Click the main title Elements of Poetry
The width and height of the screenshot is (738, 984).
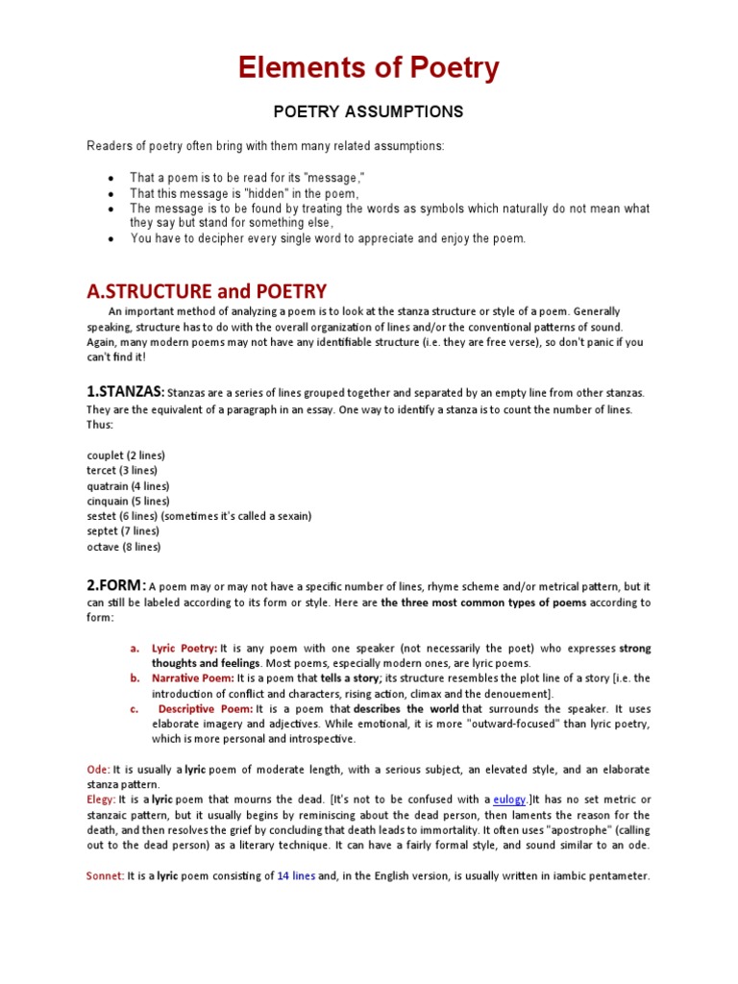pyautogui.click(x=369, y=69)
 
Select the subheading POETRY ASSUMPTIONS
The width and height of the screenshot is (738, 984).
pyautogui.click(x=369, y=112)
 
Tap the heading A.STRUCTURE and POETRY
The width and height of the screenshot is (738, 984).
pyautogui.click(x=207, y=291)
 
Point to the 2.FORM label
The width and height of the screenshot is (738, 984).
pyautogui.click(x=116, y=585)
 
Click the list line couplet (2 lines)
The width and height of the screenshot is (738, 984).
pyautogui.click(x=126, y=455)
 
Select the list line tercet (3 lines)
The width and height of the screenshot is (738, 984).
pyautogui.click(x=122, y=470)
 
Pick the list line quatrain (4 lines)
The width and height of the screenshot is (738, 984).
pyautogui.click(x=128, y=485)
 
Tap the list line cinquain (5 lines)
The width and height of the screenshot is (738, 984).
pyautogui.click(x=128, y=501)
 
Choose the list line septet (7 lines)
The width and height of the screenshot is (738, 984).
pyautogui.click(x=123, y=531)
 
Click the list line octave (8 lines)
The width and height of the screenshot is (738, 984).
pyautogui.click(x=124, y=547)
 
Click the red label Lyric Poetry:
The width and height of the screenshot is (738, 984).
pyautogui.click(x=184, y=649)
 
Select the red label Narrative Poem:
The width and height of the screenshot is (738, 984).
pyautogui.click(x=192, y=678)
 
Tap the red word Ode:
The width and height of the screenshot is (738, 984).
pyautogui.click(x=98, y=770)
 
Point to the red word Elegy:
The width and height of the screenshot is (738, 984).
pyautogui.click(x=101, y=799)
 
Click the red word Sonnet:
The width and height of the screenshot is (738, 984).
pyautogui.click(x=105, y=876)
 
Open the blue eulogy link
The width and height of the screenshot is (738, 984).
pyautogui.click(x=509, y=799)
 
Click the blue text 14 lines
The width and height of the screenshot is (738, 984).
pyautogui.click(x=296, y=876)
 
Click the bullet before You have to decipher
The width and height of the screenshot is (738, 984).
pyautogui.click(x=112, y=239)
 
